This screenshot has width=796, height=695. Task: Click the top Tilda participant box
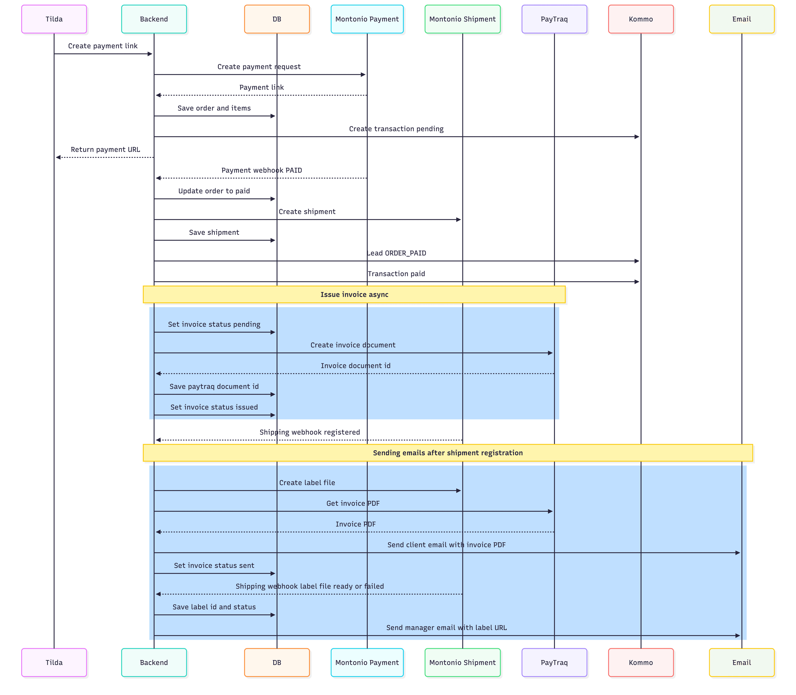pos(54,19)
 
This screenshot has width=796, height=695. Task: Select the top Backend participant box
pos(154,19)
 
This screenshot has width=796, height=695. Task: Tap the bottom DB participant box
pos(277,662)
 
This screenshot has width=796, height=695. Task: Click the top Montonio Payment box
pos(367,19)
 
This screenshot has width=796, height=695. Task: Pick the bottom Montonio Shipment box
pos(463,662)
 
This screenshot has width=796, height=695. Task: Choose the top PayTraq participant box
pos(554,19)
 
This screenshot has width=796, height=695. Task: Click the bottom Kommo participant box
pos(641,662)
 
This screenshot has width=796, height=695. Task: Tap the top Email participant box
pos(742,19)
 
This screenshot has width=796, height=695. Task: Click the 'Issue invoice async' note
pos(354,294)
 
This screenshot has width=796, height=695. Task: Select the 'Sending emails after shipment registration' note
pos(448,453)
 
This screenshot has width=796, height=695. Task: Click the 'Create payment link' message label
pos(103,46)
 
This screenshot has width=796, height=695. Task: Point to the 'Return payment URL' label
pos(106,149)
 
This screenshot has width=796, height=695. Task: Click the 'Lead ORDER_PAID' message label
pos(396,253)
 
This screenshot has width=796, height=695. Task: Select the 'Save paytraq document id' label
pos(214,386)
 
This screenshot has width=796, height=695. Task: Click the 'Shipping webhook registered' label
pos(310,432)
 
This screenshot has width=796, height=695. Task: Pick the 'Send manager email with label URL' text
pos(446,627)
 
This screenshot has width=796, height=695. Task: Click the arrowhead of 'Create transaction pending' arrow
pos(637,136)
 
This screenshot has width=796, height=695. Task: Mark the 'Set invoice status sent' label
pos(214,565)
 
